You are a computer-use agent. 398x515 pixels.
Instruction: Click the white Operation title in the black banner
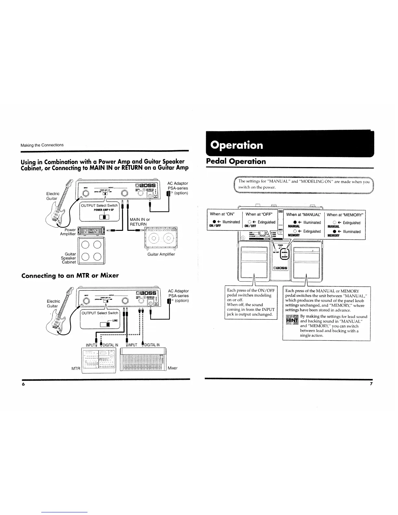pos(237,145)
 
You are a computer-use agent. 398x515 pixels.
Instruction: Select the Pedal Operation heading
pos(236,162)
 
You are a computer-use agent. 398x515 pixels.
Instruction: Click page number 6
pos(23,384)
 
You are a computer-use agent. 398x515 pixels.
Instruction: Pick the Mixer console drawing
pos(143,359)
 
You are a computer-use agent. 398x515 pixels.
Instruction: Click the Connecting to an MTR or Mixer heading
pos(70,276)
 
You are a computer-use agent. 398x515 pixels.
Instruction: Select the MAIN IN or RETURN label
pos(140,222)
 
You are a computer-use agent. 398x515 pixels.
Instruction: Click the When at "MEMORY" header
pos(346,215)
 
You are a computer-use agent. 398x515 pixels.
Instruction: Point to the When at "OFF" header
pos(259,214)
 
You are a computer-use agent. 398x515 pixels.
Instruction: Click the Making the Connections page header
pos(42,145)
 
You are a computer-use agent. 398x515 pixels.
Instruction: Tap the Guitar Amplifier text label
pos(161,254)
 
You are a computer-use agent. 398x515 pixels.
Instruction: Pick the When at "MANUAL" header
pos(303,215)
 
